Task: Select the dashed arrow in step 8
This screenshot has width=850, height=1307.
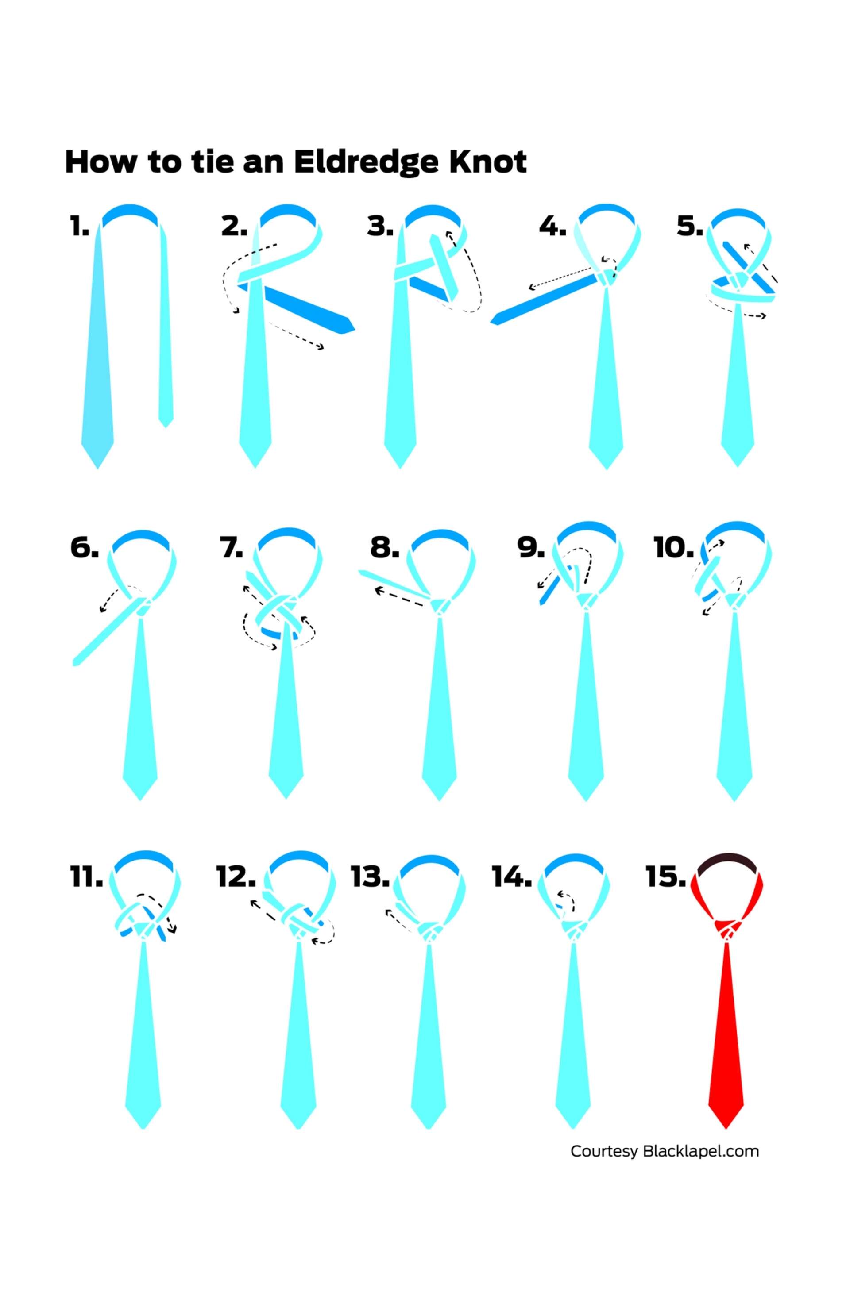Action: click(x=398, y=597)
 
